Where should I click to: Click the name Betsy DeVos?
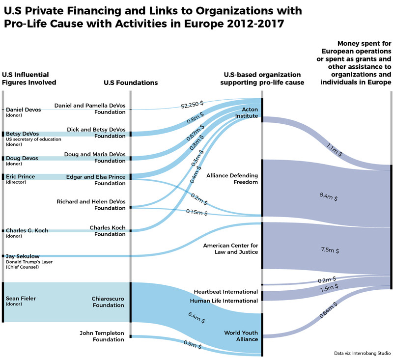click(x=22, y=134)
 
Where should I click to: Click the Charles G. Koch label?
click(x=27, y=230)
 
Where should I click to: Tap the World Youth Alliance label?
click(x=241, y=336)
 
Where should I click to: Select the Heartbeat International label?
click(x=225, y=292)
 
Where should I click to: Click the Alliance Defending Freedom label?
click(x=232, y=179)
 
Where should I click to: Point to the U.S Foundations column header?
click(x=131, y=83)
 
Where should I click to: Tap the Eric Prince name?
click(x=21, y=176)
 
